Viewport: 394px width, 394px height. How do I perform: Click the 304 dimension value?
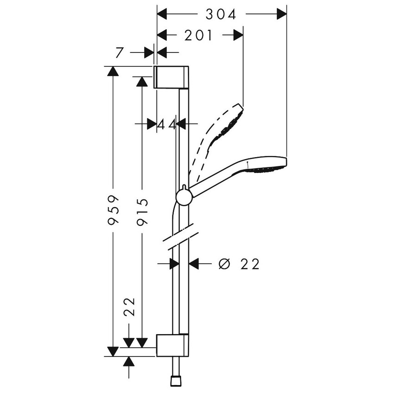pyautogui.click(x=221, y=15)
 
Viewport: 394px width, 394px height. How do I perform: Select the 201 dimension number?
pyautogui.click(x=198, y=35)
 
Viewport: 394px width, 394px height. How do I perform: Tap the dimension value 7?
pyautogui.click(x=120, y=53)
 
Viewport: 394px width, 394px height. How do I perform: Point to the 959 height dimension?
pyautogui.click(x=113, y=210)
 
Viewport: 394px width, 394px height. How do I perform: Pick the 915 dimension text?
pyautogui.click(x=142, y=211)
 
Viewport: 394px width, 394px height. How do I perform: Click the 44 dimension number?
pyautogui.click(x=167, y=124)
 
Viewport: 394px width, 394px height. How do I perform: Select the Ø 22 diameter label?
pyautogui.click(x=239, y=264)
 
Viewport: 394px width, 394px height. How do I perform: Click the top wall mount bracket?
pyautogui.click(x=172, y=77)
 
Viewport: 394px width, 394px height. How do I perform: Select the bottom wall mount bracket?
pyautogui.click(x=172, y=345)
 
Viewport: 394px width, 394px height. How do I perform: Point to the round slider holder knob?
pyautogui.click(x=184, y=197)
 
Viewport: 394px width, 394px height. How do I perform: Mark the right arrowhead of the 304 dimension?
pyautogui.click(x=281, y=14)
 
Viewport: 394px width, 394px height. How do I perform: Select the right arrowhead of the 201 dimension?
pyautogui.click(x=238, y=35)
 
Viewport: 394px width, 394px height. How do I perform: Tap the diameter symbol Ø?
pyautogui.click(x=223, y=264)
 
